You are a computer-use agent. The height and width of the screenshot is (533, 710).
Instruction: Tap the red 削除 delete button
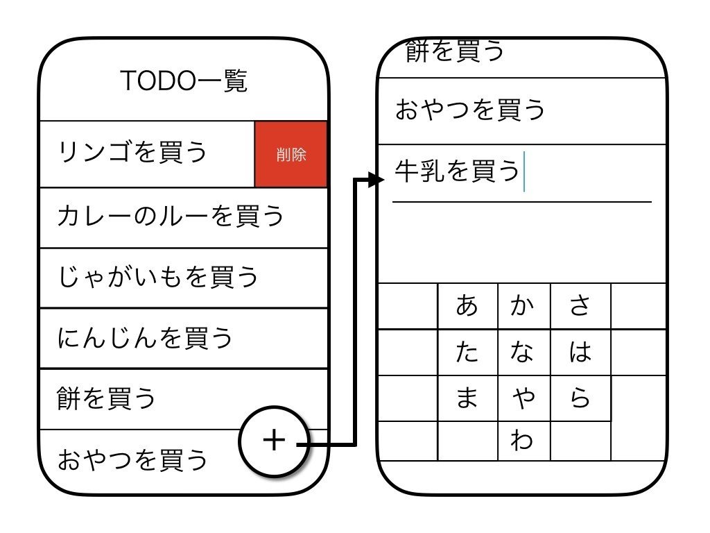[291, 154]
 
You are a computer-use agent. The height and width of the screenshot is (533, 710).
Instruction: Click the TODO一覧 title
[184, 82]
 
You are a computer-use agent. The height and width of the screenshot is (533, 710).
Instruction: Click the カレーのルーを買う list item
[171, 216]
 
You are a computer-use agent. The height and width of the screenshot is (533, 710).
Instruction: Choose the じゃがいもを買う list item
[158, 277]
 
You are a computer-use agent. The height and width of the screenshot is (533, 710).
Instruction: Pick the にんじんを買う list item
[146, 338]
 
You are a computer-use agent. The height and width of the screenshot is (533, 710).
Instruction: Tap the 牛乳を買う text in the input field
[456, 171]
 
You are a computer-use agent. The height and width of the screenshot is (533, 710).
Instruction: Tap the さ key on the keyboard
[580, 305]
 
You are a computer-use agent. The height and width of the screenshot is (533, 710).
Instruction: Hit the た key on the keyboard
[467, 353]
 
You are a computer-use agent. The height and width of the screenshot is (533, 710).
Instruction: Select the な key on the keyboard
[523, 353]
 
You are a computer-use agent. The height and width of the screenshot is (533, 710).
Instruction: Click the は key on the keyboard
[580, 353]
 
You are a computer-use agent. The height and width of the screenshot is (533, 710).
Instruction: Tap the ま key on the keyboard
[467, 398]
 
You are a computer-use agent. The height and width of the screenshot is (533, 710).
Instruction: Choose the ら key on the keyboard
[580, 398]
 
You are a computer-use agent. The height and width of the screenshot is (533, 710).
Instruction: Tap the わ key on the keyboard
[523, 441]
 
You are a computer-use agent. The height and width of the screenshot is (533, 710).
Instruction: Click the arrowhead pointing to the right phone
[376, 180]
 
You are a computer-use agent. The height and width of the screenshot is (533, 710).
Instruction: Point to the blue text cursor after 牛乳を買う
[525, 171]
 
